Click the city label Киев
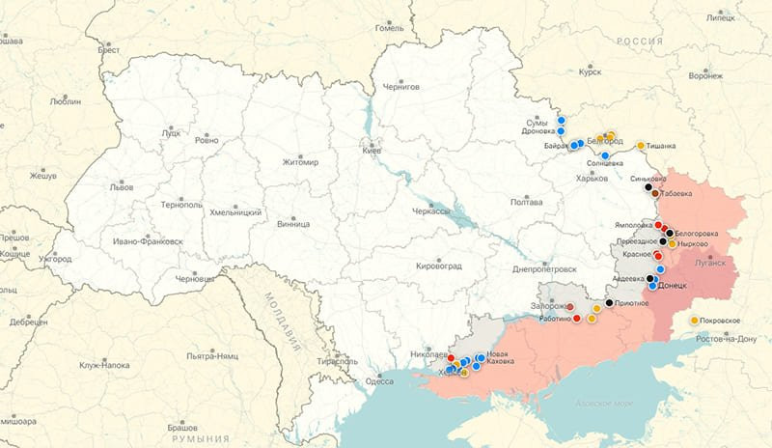[372, 152]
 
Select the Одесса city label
[379, 380]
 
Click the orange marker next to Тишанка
[641, 146]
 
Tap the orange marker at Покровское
[694, 320]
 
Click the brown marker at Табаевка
[655, 193]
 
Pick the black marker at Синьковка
[648, 187]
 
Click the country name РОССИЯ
[641, 42]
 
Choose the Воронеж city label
[706, 74]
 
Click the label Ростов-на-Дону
[719, 338]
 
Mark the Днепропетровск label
[545, 269]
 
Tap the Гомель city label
[390, 28]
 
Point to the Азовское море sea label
[601, 403]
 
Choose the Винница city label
[292, 224]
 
